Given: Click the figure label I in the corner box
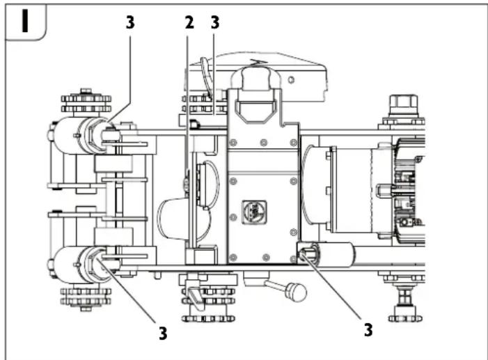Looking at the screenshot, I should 24,22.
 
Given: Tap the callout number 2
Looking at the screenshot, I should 189,22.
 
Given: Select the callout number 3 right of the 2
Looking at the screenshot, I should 214,22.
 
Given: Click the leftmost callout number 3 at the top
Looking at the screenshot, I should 129,22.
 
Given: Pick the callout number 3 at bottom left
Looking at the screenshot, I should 162,333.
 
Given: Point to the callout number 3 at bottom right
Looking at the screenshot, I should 368,329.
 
